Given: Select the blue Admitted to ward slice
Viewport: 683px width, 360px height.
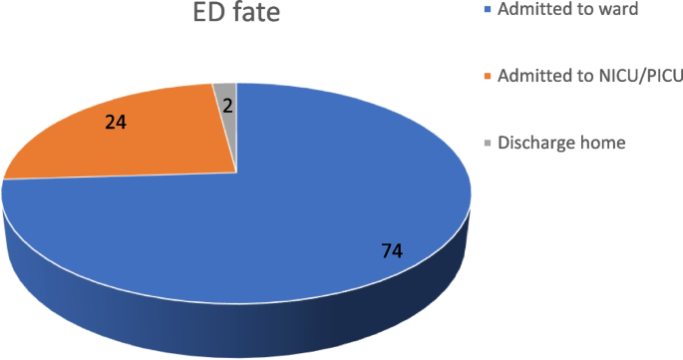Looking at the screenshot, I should tap(299, 219).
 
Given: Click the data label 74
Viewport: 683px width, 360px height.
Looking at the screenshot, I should tap(392, 250).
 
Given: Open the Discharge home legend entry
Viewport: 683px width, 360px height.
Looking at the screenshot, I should tap(560, 143).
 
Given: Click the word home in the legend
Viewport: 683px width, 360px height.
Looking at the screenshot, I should tap(603, 143).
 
